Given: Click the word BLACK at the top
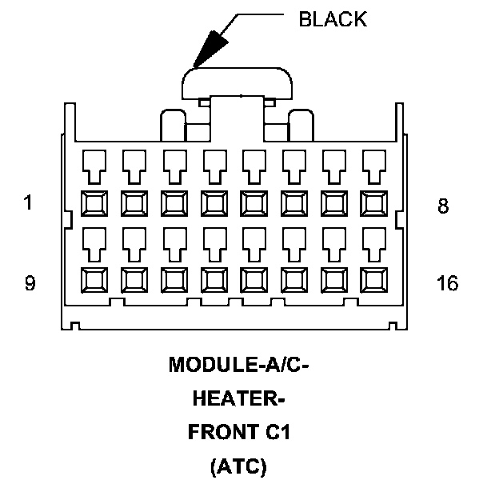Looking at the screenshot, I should pos(333,19).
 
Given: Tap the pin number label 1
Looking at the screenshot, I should pos(29,204).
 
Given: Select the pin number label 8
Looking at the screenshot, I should pos(443,206).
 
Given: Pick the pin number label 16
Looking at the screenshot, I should pos(448,283).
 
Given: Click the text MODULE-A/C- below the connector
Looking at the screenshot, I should pos(238,366).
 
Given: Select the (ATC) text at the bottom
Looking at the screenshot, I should pos(238,466).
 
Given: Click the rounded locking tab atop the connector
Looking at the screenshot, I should pos(238,81).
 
